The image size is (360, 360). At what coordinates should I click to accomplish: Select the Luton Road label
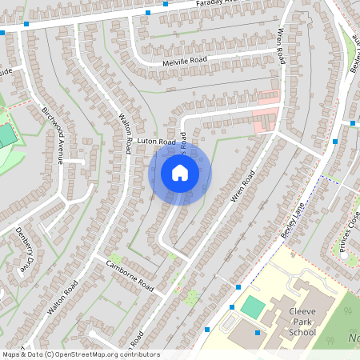(155, 142)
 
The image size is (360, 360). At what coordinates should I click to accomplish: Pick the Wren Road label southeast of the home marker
(242, 187)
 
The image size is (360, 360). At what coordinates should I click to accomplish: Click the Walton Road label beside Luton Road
(126, 133)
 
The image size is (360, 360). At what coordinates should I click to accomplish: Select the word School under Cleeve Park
(302, 331)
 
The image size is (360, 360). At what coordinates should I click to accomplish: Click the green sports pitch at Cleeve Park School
(254, 306)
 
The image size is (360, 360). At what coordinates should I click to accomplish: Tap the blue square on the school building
(258, 333)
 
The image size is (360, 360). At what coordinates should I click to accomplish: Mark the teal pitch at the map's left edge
(6, 135)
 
